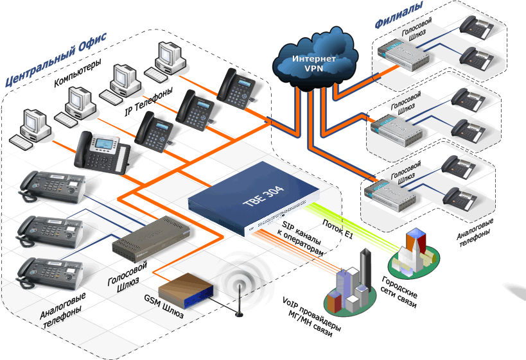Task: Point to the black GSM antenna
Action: click(239, 302)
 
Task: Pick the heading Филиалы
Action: click(399, 15)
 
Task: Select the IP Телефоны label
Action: click(148, 103)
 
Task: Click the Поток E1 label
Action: click(339, 227)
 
